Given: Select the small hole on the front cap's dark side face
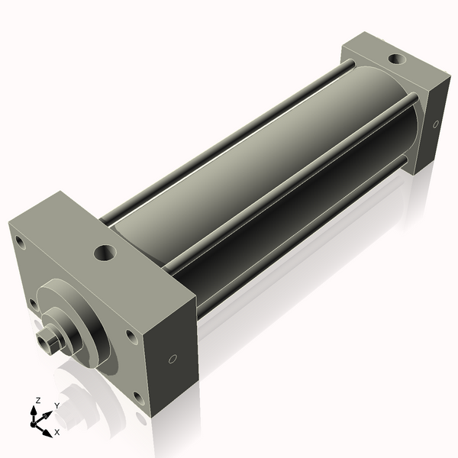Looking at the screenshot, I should coord(173,358).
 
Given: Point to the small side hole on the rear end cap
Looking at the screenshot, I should coord(436,124).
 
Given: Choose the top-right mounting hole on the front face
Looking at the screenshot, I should coord(131,335).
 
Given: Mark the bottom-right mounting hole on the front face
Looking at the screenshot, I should coord(137,396).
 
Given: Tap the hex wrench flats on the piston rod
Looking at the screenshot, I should coord(47,340).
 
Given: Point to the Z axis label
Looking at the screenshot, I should coord(38,400).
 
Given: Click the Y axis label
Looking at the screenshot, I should coord(56,405).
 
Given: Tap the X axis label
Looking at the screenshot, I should coord(56,432).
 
